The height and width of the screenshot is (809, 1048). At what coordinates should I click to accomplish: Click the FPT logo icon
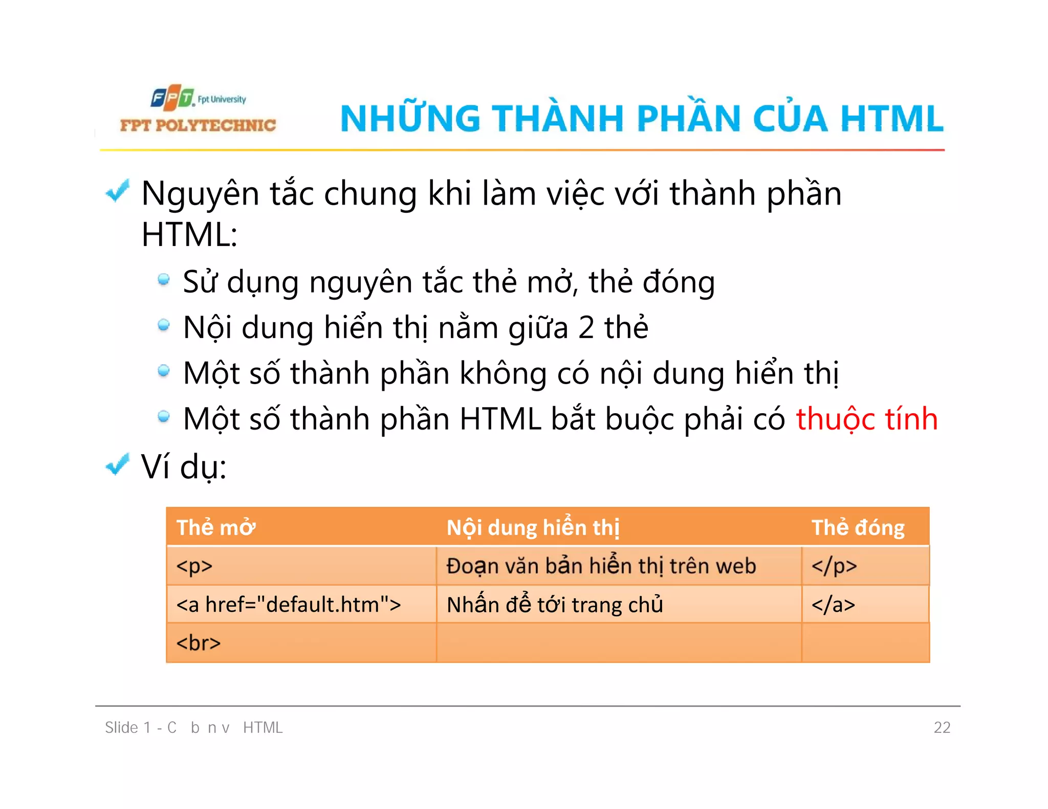[172, 97]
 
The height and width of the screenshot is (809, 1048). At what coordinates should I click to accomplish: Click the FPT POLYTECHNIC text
[198, 125]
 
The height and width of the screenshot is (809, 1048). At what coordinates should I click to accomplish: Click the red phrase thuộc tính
[866, 419]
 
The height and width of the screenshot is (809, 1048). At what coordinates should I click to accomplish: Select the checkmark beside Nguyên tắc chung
[118, 191]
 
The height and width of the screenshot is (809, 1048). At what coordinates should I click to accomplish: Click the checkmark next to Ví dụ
[118, 464]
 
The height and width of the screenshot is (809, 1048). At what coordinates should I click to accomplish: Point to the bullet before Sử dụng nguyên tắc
[164, 280]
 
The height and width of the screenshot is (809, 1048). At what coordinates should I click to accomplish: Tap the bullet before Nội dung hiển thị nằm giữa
[164, 325]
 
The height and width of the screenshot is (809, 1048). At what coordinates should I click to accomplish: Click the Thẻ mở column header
[216, 527]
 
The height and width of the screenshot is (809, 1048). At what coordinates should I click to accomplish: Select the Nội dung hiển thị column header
[533, 527]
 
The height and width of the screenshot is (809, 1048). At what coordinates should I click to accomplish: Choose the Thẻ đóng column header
[858, 527]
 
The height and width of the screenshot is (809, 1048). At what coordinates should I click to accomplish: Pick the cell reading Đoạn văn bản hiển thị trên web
[601, 566]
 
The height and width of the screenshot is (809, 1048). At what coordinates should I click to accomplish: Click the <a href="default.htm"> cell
[289, 604]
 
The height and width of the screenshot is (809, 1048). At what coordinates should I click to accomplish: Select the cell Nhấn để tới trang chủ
[555, 604]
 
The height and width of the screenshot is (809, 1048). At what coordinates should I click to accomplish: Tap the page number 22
[942, 727]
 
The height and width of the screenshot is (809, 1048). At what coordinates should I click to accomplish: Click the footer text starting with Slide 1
[193, 727]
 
